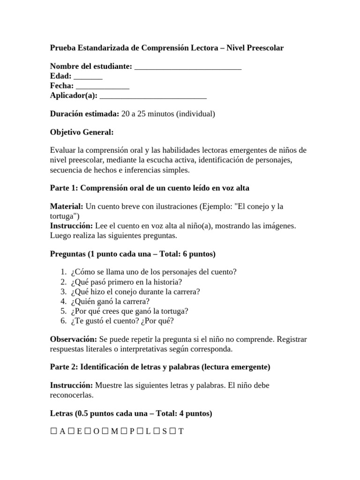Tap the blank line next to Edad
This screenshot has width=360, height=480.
click(x=88, y=77)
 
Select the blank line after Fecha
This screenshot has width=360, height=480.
click(x=102, y=87)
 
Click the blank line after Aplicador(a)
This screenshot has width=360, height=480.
click(x=153, y=96)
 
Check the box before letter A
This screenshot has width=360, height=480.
click(x=53, y=432)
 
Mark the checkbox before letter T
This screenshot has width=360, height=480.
click(x=172, y=432)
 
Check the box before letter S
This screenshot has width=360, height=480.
click(x=156, y=432)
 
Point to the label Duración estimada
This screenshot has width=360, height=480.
click(x=84, y=114)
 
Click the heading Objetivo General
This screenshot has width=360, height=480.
click(x=82, y=132)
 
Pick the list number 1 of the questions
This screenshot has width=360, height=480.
click(x=63, y=272)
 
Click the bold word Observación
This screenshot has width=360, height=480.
click(x=73, y=339)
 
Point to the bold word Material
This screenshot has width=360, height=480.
click(x=66, y=206)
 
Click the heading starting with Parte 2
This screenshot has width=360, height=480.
click(x=160, y=367)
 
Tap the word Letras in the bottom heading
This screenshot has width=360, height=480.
click(x=62, y=413)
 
